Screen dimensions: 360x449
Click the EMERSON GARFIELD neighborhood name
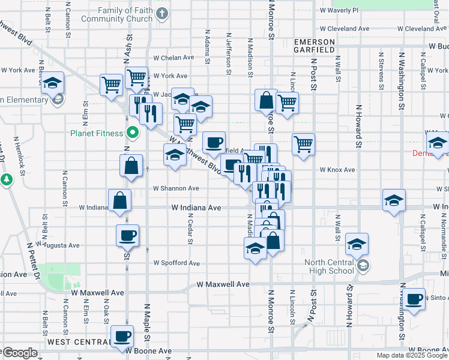click(x=314, y=46)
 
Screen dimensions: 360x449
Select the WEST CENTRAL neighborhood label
click(x=76, y=341)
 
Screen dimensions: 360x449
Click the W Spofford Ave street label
click(x=176, y=263)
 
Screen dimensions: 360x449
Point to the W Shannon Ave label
click(x=175, y=188)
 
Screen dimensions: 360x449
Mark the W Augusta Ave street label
click(x=58, y=245)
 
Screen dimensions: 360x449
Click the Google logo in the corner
click(x=20, y=353)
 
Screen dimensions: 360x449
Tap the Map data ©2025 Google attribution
click(x=411, y=355)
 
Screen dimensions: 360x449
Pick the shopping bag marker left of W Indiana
click(x=120, y=200)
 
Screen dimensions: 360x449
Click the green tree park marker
click(x=7, y=179)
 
